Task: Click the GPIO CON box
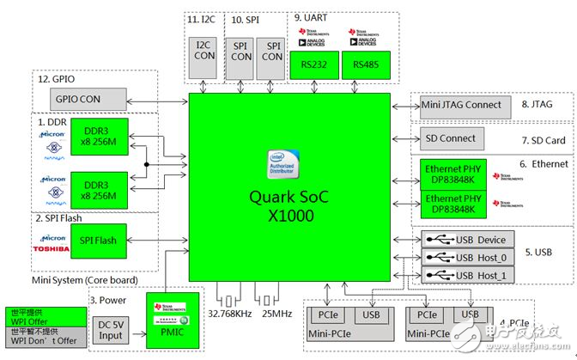pos(79,99)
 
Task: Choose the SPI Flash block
pos(97,240)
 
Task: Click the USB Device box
pos(468,240)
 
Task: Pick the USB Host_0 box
pos(468,258)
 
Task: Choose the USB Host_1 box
pos(468,275)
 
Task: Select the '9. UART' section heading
pos(311,17)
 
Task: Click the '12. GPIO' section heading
pos(56,79)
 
